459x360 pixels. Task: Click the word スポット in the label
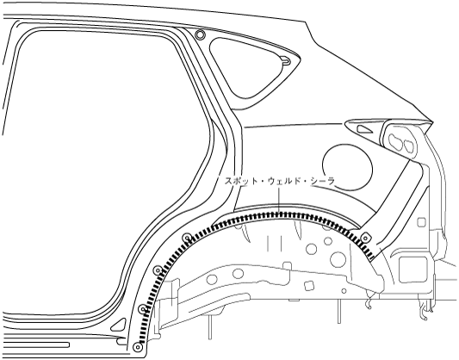pos(238,182)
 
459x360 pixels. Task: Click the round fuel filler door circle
pos(347,168)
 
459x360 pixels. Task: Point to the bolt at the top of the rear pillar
pos(201,34)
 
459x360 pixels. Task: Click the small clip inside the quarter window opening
pos(285,60)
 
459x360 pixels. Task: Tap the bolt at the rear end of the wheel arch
pos(364,239)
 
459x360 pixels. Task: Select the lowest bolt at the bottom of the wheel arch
pos(137,347)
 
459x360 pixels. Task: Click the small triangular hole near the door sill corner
pos(119,325)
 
